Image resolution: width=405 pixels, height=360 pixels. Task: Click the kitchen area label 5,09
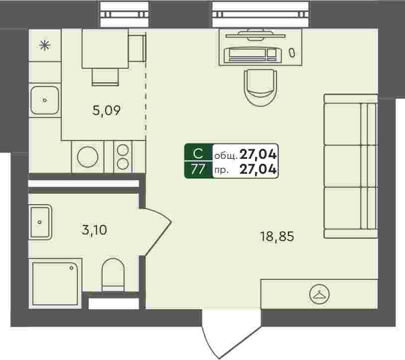(x=107, y=111)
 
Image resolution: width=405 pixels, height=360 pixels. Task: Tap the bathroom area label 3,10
(x=94, y=230)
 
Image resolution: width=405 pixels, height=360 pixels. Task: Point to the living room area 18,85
(x=277, y=237)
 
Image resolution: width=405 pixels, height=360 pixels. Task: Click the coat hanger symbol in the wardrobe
(x=319, y=294)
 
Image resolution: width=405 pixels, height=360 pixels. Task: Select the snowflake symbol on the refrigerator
(x=45, y=45)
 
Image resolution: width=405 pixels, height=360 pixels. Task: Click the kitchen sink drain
(x=45, y=100)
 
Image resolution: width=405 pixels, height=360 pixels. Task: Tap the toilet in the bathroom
(x=113, y=275)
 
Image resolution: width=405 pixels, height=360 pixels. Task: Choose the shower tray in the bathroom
(x=55, y=283)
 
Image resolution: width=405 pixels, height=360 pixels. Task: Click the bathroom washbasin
(x=40, y=222)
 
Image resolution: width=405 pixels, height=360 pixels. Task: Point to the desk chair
(x=261, y=87)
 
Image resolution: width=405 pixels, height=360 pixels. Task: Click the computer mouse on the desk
(x=292, y=53)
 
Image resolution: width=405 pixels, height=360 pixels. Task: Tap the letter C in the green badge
(x=198, y=154)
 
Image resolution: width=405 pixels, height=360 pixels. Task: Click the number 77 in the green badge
(x=198, y=170)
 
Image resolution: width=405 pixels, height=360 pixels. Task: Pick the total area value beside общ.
(x=258, y=154)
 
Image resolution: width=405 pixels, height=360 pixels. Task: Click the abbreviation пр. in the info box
(x=221, y=170)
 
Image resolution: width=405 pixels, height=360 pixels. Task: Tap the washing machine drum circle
(x=88, y=157)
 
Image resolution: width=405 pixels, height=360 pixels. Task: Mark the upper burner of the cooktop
(x=123, y=150)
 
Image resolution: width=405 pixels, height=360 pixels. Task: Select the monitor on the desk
(x=255, y=36)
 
